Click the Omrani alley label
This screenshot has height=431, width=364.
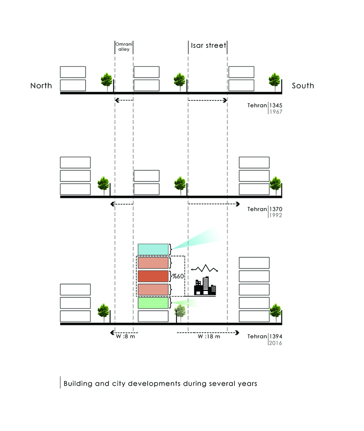[x=124, y=47]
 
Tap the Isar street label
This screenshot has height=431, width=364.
[x=208, y=45]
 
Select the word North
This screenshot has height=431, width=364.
[x=41, y=85]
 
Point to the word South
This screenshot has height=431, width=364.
[x=303, y=85]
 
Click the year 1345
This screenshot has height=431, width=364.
[x=276, y=105]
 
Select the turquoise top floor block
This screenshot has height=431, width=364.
[x=153, y=249]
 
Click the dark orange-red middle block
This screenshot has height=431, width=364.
[x=153, y=276]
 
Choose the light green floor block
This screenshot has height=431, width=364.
[x=153, y=303]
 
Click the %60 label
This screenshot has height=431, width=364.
[x=178, y=276]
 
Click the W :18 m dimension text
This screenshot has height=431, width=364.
[x=209, y=337]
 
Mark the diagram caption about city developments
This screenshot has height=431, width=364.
[x=160, y=383]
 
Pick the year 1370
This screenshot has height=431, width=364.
[x=276, y=209]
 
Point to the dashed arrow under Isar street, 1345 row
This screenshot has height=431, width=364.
[x=207, y=100]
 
